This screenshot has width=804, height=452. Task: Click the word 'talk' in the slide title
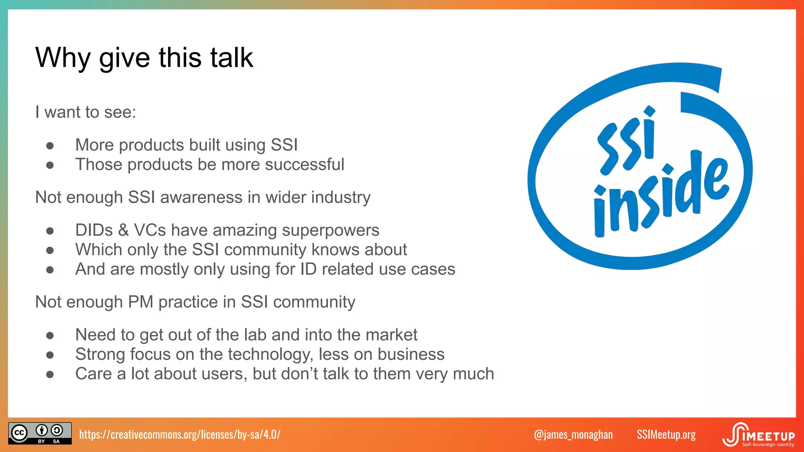pos(232,58)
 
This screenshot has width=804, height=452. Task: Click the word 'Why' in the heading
pos(63,58)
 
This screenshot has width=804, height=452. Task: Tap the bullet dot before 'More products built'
pos(50,146)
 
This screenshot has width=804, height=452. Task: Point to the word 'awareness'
pos(201,197)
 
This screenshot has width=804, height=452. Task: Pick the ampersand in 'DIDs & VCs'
pos(123,230)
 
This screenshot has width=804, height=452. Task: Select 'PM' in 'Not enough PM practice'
pos(141,302)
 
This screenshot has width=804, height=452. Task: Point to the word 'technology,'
pos(271,354)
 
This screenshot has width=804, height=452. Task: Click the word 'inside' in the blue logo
pos(660,196)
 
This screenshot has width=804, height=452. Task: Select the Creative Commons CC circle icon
pos(19,433)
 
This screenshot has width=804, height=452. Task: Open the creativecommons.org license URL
pos(180,434)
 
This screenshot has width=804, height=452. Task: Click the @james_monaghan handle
pos(573,435)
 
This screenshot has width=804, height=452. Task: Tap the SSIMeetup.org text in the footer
pos(666,435)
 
